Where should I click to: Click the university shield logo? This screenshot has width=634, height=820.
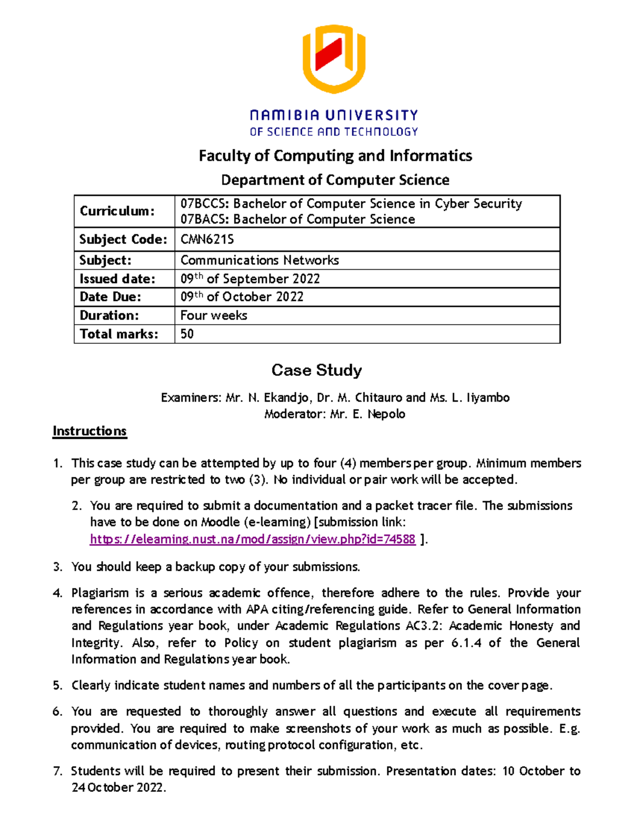pyautogui.click(x=333, y=59)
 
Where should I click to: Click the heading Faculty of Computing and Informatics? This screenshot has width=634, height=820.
pyautogui.click(x=335, y=156)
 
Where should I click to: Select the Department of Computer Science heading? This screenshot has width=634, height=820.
pyautogui.click(x=335, y=180)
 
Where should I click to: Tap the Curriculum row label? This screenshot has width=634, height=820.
pyautogui.click(x=117, y=211)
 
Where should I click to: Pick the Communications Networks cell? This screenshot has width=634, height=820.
pyautogui.click(x=259, y=260)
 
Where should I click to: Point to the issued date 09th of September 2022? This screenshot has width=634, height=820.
pyautogui.click(x=250, y=279)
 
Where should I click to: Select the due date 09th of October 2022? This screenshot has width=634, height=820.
pyautogui.click(x=242, y=297)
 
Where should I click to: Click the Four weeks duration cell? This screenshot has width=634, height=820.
pyautogui.click(x=213, y=315)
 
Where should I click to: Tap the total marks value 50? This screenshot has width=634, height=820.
pyautogui.click(x=187, y=334)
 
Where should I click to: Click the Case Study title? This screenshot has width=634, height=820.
pyautogui.click(x=316, y=370)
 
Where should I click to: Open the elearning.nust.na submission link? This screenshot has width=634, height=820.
pyautogui.click(x=253, y=539)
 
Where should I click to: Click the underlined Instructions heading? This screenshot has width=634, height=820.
pyautogui.click(x=89, y=431)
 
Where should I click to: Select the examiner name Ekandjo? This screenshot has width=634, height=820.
pyautogui.click(x=288, y=398)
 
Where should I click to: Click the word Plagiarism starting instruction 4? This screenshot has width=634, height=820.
pyautogui.click(x=100, y=593)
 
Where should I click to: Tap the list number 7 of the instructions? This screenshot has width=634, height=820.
pyautogui.click(x=57, y=771)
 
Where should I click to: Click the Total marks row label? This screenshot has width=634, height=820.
pyautogui.click(x=119, y=334)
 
